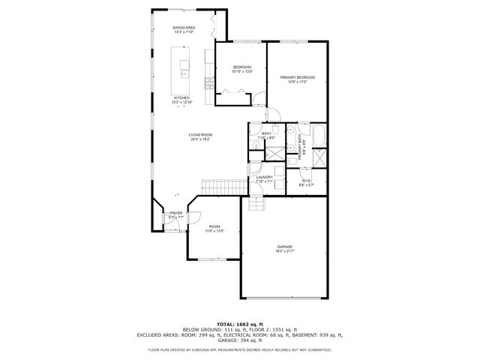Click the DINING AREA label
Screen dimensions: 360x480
click(x=184, y=28)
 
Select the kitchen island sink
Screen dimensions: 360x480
click(x=184, y=73)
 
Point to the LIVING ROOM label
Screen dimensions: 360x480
click(x=200, y=134)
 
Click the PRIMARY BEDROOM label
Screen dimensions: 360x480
click(x=297, y=77)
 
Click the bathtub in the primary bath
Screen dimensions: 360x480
click(x=318, y=137)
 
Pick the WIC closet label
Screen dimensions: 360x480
click(x=306, y=180)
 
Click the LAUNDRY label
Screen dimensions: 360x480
click(x=264, y=177)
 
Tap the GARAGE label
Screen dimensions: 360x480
click(x=284, y=246)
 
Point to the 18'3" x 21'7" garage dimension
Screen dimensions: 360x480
click(x=284, y=250)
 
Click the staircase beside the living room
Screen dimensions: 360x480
click(x=223, y=186)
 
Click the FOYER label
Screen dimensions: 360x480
click(x=175, y=213)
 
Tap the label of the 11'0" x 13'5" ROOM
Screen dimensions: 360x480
click(x=214, y=226)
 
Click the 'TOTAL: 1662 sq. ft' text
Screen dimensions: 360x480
click(x=239, y=323)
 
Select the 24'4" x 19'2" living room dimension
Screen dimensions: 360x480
click(x=200, y=139)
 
